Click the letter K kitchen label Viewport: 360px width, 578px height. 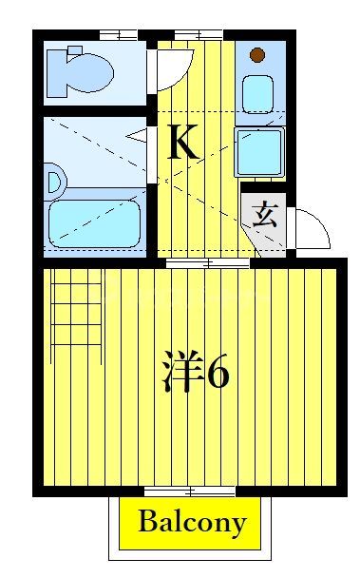click(x=182, y=143)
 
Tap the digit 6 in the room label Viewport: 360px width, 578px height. click(x=217, y=373)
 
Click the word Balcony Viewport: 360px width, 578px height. click(x=192, y=522)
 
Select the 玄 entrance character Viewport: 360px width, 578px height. click(x=265, y=214)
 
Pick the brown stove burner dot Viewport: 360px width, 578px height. click(x=257, y=54)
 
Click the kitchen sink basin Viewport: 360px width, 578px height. click(x=258, y=93)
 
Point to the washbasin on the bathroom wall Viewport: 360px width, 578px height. click(x=53, y=180)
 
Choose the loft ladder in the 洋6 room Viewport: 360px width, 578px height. click(x=76, y=308)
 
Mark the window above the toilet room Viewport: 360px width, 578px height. click(x=117, y=35)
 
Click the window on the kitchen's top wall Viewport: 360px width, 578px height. click(x=199, y=35)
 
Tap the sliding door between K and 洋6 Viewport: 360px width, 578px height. click(x=208, y=262)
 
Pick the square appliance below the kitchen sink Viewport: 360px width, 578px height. click(x=259, y=150)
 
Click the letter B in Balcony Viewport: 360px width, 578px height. click(x=147, y=522)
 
